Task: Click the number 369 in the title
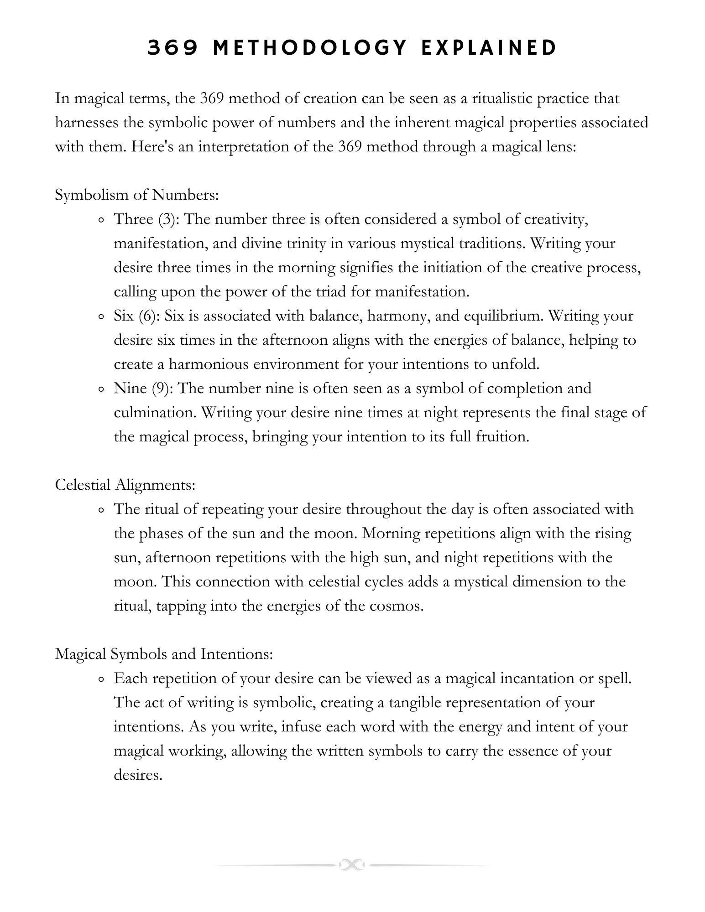[x=173, y=48]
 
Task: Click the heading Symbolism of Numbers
[x=137, y=195]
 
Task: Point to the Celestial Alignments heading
[x=125, y=485]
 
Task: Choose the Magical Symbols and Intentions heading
[x=164, y=654]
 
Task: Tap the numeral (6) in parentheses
[x=147, y=316]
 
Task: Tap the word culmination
[x=155, y=413]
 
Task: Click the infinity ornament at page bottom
[x=352, y=865]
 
